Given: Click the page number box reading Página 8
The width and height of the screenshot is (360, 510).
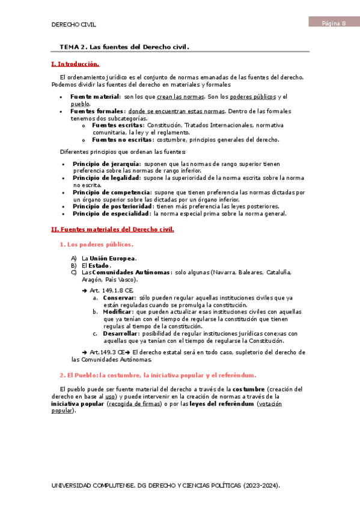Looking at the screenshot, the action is click(x=334, y=23).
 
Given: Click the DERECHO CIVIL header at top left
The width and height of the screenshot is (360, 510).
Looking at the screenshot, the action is click(x=74, y=25).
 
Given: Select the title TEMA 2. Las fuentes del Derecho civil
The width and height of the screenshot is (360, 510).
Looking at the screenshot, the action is click(x=124, y=46).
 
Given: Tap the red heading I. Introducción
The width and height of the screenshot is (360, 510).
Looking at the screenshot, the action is click(x=75, y=64).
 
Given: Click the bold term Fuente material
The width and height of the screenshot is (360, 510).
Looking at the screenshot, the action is click(x=95, y=96).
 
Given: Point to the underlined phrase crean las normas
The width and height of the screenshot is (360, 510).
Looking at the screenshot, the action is click(x=180, y=96).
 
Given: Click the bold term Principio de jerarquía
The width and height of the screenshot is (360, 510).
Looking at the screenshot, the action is click(x=106, y=164).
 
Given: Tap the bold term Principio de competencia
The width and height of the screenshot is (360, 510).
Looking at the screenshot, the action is click(x=112, y=192).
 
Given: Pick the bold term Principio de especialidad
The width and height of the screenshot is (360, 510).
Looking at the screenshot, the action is click(x=112, y=214).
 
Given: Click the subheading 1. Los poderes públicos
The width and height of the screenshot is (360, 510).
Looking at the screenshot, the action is click(x=96, y=244).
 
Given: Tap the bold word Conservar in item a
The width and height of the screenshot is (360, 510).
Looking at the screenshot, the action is click(x=119, y=298).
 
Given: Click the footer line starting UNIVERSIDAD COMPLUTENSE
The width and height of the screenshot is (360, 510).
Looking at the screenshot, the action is click(x=166, y=485).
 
